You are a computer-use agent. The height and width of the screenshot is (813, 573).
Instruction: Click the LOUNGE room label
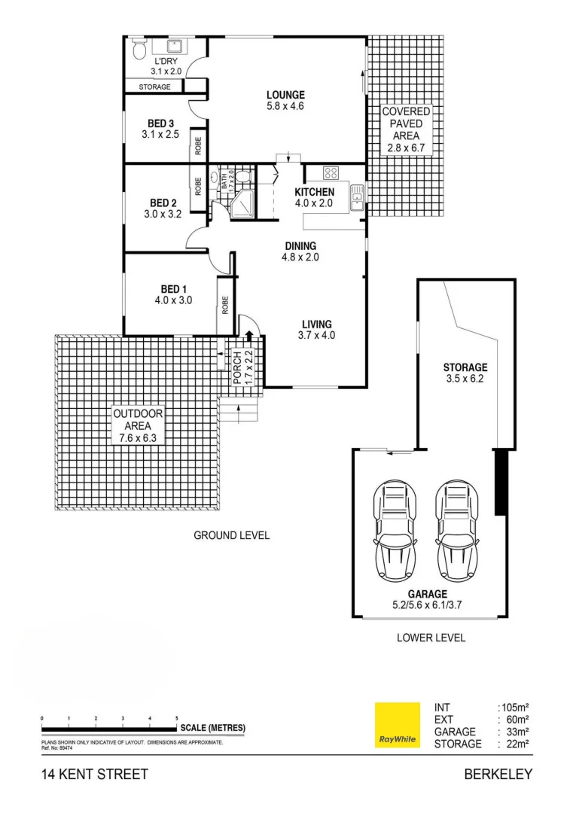point(285,95)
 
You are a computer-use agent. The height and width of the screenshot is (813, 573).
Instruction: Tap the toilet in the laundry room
point(138,50)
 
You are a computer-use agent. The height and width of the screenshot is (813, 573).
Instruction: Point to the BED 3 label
point(160,123)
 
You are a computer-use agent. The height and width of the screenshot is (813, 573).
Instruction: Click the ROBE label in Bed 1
point(225,305)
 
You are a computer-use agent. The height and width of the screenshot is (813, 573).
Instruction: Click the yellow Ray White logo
point(397,726)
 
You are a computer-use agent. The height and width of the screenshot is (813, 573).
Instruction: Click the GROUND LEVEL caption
point(231,535)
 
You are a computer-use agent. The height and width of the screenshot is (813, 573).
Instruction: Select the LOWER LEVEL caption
point(431,638)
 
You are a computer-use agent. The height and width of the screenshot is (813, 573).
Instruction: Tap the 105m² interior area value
point(514,708)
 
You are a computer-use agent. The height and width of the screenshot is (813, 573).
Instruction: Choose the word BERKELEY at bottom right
point(498,774)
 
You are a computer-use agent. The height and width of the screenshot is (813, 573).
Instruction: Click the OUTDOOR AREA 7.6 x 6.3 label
point(138,425)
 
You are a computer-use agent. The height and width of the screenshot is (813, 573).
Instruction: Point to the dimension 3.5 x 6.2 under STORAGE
point(465,379)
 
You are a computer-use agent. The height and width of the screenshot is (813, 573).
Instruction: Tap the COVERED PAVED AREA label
point(406,129)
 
